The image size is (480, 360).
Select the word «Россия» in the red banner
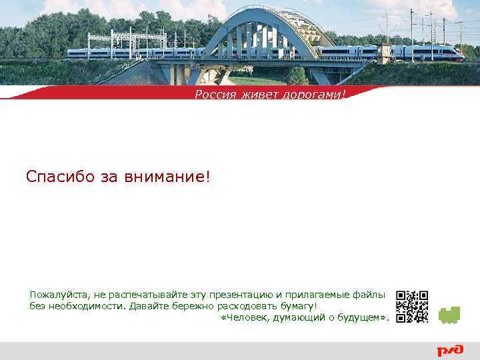215,95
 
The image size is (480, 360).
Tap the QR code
412,307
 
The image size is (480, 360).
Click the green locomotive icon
450,315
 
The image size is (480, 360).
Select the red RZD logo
451,351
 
